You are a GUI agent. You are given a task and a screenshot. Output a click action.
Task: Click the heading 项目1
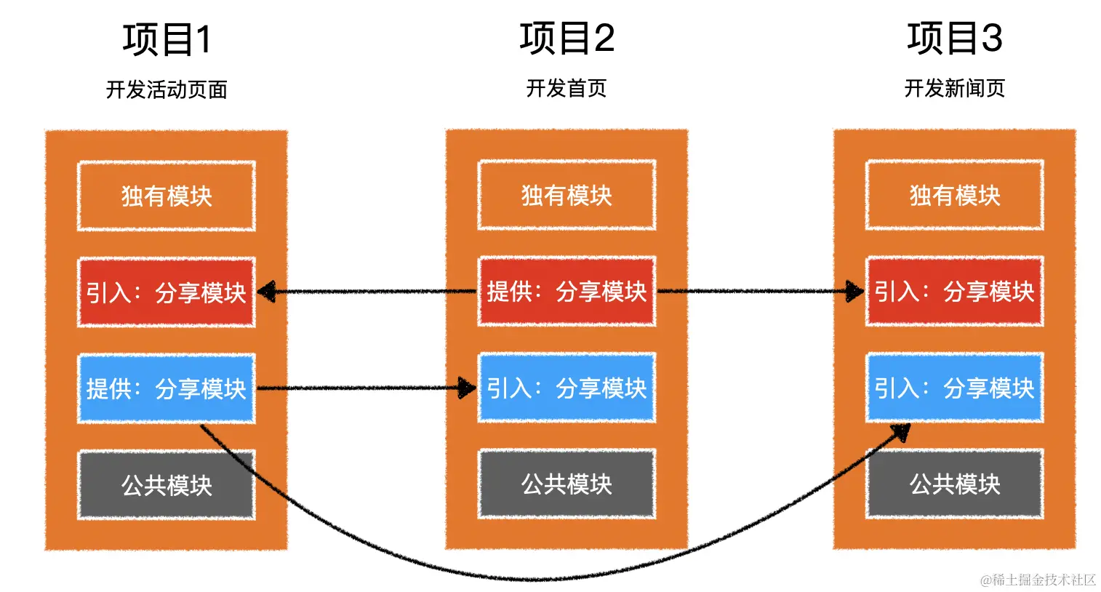(x=167, y=39)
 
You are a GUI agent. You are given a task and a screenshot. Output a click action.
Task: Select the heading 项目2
(x=566, y=38)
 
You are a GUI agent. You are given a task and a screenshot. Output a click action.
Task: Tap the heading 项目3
(x=954, y=38)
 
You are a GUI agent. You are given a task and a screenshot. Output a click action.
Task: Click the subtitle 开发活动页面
(x=167, y=89)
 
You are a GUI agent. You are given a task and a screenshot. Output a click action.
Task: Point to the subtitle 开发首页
(x=566, y=88)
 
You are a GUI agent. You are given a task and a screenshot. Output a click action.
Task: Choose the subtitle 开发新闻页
(x=954, y=88)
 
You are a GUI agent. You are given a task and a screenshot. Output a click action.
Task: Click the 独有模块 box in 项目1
(x=167, y=196)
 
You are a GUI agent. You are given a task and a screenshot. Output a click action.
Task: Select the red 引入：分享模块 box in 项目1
(x=167, y=292)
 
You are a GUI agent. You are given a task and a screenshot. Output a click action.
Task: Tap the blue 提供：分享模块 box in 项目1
(x=167, y=388)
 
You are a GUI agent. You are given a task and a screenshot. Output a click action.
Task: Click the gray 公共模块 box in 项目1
(x=167, y=484)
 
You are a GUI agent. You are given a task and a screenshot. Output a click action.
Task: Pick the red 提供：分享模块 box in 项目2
(x=566, y=291)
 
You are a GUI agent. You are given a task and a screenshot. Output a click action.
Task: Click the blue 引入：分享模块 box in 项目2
(x=566, y=388)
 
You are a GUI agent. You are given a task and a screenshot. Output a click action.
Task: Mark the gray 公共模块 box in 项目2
(x=566, y=484)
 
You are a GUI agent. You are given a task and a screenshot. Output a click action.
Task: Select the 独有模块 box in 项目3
(x=954, y=195)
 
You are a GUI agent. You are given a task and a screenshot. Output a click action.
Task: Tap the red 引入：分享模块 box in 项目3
(x=954, y=291)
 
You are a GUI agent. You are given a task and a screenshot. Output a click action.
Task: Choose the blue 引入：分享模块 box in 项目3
(x=954, y=388)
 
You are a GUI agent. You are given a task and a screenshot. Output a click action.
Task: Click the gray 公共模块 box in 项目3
(x=954, y=484)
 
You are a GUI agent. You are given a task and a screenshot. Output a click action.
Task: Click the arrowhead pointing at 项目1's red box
(x=266, y=292)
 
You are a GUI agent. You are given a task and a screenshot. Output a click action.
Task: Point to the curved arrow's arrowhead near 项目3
(x=902, y=432)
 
